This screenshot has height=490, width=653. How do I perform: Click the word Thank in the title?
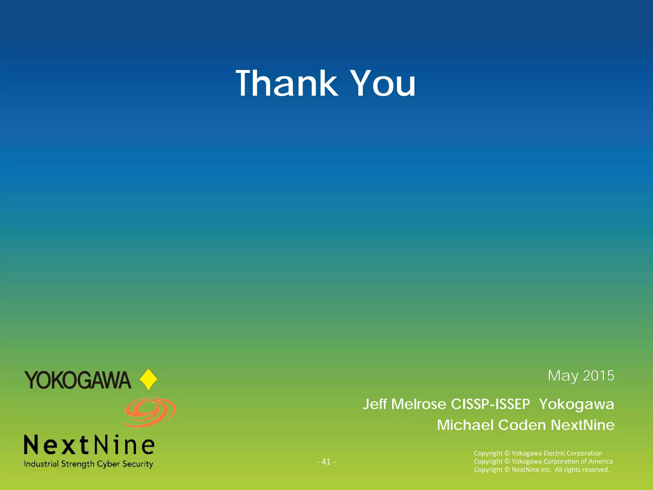click(x=286, y=83)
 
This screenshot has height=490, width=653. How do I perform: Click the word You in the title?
click(x=384, y=83)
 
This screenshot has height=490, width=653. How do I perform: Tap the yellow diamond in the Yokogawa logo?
click(x=149, y=380)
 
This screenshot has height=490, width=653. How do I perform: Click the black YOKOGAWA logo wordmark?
click(x=78, y=380)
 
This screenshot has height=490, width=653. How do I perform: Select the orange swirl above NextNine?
click(x=150, y=412)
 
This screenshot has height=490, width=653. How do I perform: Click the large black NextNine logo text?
click(x=89, y=445)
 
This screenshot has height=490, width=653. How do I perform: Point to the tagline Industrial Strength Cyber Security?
click(x=89, y=464)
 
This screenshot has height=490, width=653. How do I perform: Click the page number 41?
click(x=326, y=462)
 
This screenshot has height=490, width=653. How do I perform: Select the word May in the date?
click(x=563, y=376)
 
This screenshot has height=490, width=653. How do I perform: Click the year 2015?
click(x=598, y=376)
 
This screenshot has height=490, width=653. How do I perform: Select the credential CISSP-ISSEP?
click(x=490, y=404)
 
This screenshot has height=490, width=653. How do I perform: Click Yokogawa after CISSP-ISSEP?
click(x=576, y=404)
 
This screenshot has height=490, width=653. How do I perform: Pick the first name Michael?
click(x=466, y=425)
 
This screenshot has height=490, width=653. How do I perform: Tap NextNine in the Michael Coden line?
click(x=583, y=425)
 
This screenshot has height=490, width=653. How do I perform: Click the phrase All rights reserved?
click(x=582, y=470)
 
